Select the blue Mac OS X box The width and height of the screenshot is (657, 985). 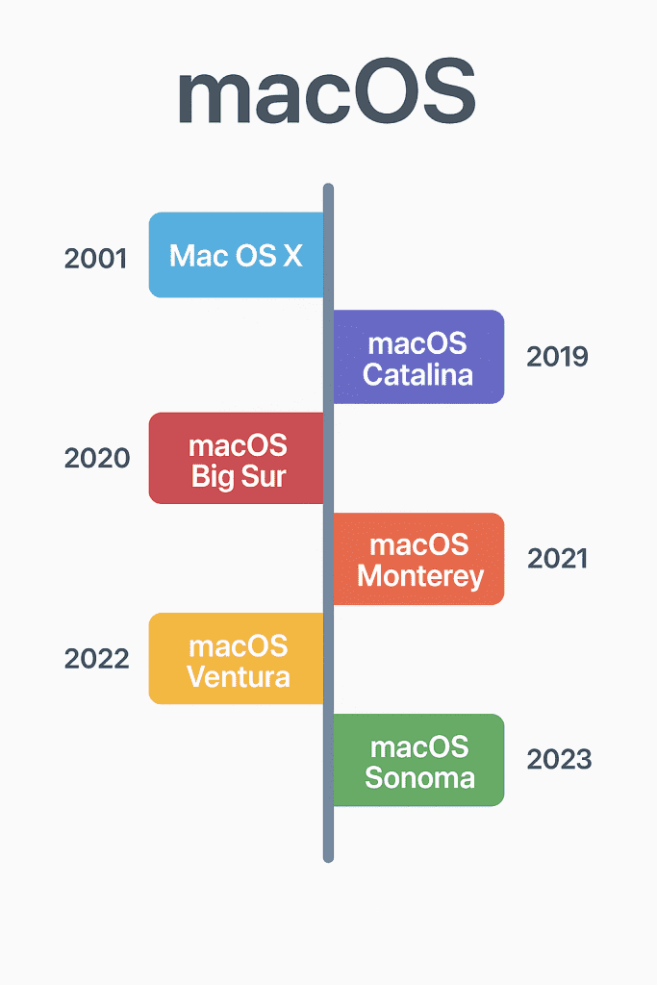tap(237, 254)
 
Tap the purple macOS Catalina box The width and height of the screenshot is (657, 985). tap(418, 357)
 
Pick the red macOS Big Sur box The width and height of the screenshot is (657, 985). tap(237, 458)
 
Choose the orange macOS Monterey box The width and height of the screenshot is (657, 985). tap(418, 559)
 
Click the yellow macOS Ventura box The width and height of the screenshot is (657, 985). tap(237, 658)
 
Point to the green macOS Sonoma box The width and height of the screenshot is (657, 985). tap(418, 760)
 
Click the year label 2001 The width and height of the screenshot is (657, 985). tap(95, 259)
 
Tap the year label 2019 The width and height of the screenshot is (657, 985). tap(557, 357)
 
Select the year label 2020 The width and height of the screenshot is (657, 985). tap(97, 458)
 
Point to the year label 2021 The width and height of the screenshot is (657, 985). tap(557, 559)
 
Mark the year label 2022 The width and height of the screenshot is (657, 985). tap(97, 658)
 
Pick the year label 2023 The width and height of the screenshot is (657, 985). tap(559, 760)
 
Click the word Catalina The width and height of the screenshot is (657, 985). tap(417, 375)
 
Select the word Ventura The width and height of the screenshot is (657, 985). tap(239, 677)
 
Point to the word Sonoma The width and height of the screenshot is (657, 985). tap(419, 777)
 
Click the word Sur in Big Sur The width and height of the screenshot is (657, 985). tap(264, 476)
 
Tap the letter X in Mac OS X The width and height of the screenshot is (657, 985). tap(292, 256)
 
